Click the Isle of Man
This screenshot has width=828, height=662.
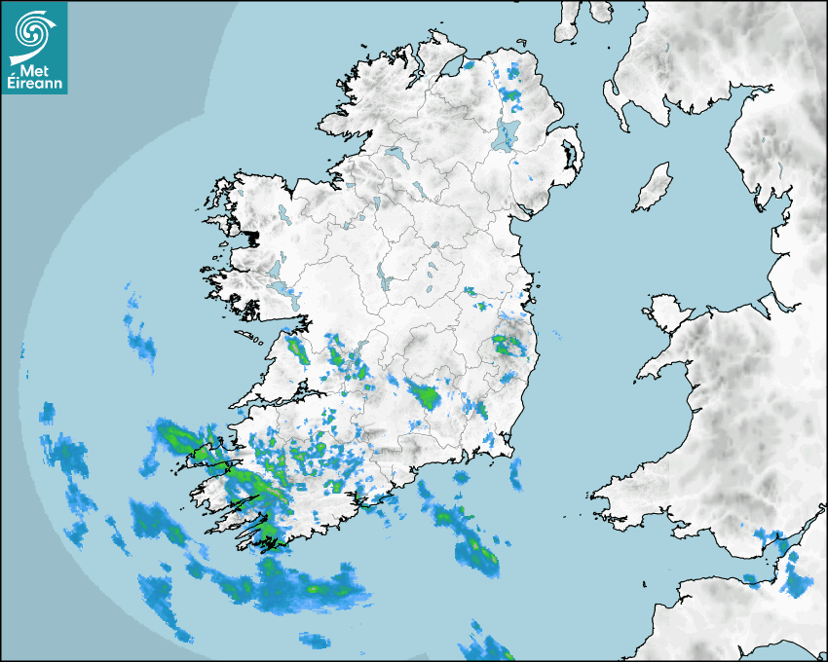(x=654, y=188)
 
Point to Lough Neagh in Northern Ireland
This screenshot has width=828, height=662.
(x=505, y=134)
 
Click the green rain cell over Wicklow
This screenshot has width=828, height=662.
(x=506, y=343)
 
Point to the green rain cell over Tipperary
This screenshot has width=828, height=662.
(x=425, y=395)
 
